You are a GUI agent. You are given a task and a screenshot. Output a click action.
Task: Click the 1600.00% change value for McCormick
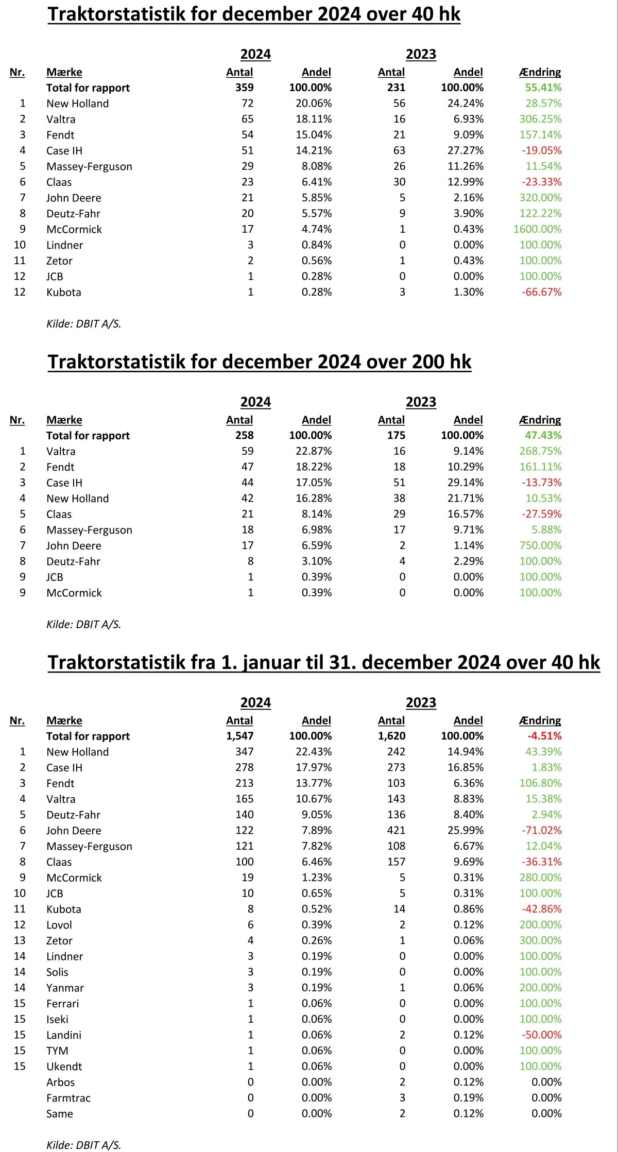537,229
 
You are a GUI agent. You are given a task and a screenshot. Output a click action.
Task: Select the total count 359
244,88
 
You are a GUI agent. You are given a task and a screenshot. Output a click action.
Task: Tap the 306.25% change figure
540,119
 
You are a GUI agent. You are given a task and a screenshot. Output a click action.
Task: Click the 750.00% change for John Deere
540,545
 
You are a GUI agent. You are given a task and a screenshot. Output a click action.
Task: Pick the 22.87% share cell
314,451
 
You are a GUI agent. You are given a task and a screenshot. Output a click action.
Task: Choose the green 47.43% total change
543,436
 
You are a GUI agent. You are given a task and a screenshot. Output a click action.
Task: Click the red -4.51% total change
544,736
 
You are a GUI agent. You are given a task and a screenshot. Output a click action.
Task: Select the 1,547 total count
239,736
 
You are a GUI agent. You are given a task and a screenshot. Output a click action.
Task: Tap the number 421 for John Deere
396,830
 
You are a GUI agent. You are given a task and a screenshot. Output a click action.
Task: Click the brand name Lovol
59,925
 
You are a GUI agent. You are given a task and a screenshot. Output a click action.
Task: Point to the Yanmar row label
65,988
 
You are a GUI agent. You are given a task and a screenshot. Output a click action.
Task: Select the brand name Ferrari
62,1004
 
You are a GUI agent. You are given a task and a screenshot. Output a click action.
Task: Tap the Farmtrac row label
68,1098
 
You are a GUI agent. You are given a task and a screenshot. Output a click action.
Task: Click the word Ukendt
64,1067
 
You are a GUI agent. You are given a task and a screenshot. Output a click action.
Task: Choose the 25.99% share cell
465,830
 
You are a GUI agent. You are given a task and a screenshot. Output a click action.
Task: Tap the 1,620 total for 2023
391,736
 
